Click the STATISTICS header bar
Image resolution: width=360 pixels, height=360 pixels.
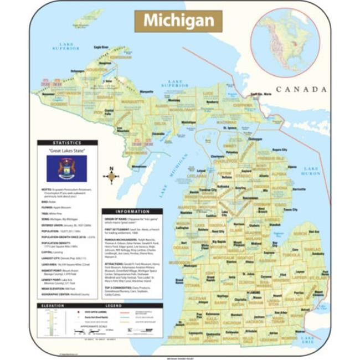coord(67,142)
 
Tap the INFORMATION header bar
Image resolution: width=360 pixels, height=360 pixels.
coord(132,212)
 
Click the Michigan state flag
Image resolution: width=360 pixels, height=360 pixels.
coord(66,168)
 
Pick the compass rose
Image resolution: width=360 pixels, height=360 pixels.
coord(111,176)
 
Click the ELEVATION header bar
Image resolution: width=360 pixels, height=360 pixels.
coord(53,305)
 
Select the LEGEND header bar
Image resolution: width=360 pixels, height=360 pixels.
coord(114,305)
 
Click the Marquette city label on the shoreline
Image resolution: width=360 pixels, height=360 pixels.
coord(146,91)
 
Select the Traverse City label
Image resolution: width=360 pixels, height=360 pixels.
coord(208,189)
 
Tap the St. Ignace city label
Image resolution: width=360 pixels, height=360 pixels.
coord(229,127)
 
